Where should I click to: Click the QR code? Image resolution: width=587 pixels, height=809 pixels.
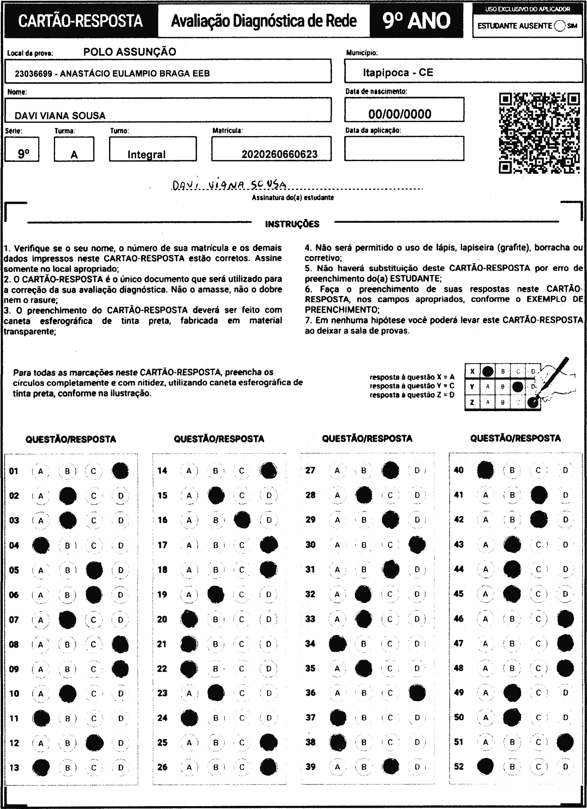(539, 133)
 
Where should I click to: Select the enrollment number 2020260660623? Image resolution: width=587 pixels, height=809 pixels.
(279, 154)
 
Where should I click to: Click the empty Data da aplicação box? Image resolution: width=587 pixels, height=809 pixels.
(404, 148)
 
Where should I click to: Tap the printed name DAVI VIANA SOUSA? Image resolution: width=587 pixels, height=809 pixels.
(60, 116)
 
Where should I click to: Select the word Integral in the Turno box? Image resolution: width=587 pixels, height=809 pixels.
(146, 155)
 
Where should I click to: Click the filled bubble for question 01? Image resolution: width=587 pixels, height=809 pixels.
(120, 471)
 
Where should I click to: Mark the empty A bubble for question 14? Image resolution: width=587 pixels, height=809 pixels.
(189, 471)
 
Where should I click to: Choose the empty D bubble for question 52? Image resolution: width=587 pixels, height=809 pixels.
(565, 767)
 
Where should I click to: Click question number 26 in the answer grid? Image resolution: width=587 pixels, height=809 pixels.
(162, 767)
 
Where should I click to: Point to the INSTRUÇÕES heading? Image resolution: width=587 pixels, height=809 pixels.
(292, 224)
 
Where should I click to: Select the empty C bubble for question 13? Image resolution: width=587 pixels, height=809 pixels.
(94, 767)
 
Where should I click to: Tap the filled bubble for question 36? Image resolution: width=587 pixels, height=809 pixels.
(417, 693)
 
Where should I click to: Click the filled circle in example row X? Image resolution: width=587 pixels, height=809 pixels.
(488, 371)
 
